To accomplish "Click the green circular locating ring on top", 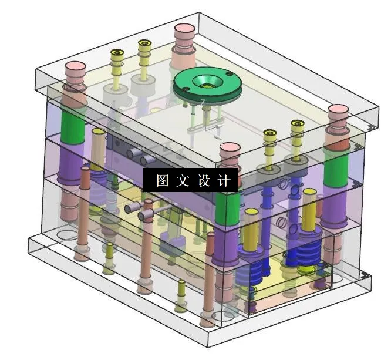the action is tap(207, 83).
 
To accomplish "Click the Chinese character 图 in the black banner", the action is tap(162, 180).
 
